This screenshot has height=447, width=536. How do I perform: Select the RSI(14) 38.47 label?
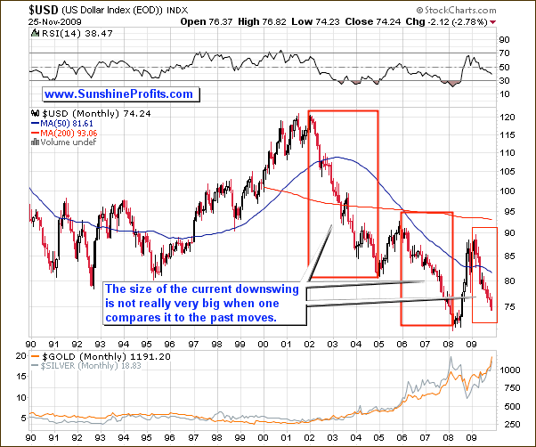[x=62, y=33]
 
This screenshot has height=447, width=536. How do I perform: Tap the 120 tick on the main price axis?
[x=509, y=118]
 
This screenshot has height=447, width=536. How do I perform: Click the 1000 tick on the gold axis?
[x=511, y=368]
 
